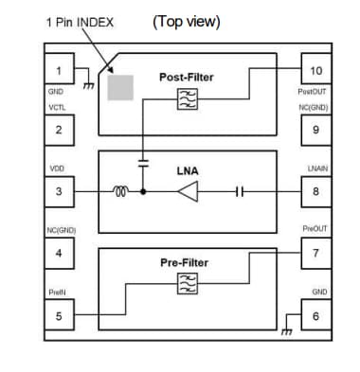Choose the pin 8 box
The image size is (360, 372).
pos(316,191)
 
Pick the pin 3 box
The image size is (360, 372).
pos(59,191)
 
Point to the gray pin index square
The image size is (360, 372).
pos(120,88)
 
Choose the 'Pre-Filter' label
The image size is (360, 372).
pos(184,261)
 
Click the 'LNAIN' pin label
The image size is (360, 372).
pos(317,168)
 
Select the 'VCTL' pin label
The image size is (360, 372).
pos(56,108)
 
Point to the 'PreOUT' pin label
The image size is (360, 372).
pos(316,229)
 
